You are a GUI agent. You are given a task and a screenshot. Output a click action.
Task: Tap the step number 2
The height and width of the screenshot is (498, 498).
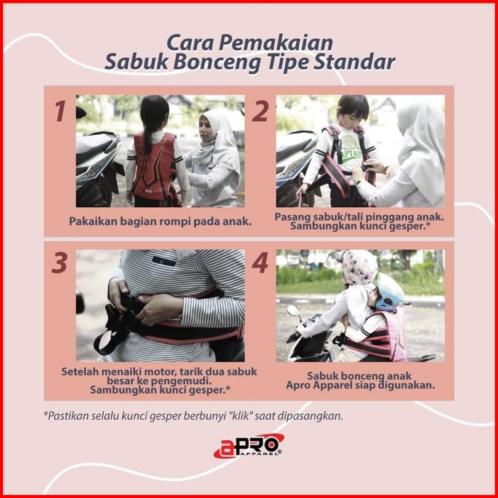tap(260, 111)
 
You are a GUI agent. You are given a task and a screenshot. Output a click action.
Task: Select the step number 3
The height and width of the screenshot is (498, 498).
tap(60, 263)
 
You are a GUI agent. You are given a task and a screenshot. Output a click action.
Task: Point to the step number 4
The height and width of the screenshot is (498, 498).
tap(260, 263)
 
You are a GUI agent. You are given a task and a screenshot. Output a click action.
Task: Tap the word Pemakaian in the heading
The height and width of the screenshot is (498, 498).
tap(275, 43)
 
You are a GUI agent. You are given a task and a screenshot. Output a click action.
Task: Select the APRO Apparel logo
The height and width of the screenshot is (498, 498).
tap(249, 446)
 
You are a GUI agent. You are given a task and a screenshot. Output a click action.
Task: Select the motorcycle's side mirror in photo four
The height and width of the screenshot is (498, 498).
tap(294, 310)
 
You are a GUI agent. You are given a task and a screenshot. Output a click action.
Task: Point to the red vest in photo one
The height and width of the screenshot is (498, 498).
tap(154, 167)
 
